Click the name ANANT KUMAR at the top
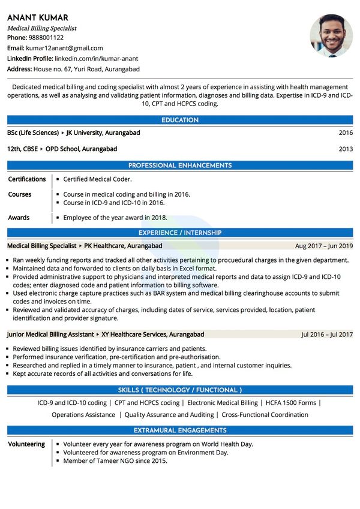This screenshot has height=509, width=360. (37, 17)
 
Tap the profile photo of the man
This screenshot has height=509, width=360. (331, 35)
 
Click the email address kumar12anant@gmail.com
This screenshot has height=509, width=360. (64, 48)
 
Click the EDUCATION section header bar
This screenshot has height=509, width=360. (180, 121)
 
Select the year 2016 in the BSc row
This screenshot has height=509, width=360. (346, 132)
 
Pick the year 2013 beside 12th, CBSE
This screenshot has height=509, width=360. (346, 149)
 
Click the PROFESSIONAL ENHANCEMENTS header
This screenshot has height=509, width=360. (180, 165)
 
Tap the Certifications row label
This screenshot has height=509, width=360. (27, 179)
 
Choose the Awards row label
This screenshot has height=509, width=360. (19, 218)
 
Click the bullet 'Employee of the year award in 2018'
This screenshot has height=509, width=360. (115, 218)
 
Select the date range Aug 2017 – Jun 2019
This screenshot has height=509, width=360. (324, 246)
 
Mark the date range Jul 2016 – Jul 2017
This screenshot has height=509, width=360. (327, 335)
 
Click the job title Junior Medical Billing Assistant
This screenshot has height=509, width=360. (50, 335)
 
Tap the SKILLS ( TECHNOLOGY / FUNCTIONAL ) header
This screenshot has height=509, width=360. (180, 390)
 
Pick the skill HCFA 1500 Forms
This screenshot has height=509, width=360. (291, 403)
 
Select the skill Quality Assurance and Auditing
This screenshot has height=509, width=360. (169, 415)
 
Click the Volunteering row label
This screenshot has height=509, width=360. (26, 444)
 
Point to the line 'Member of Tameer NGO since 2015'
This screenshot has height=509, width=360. (115, 461)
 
